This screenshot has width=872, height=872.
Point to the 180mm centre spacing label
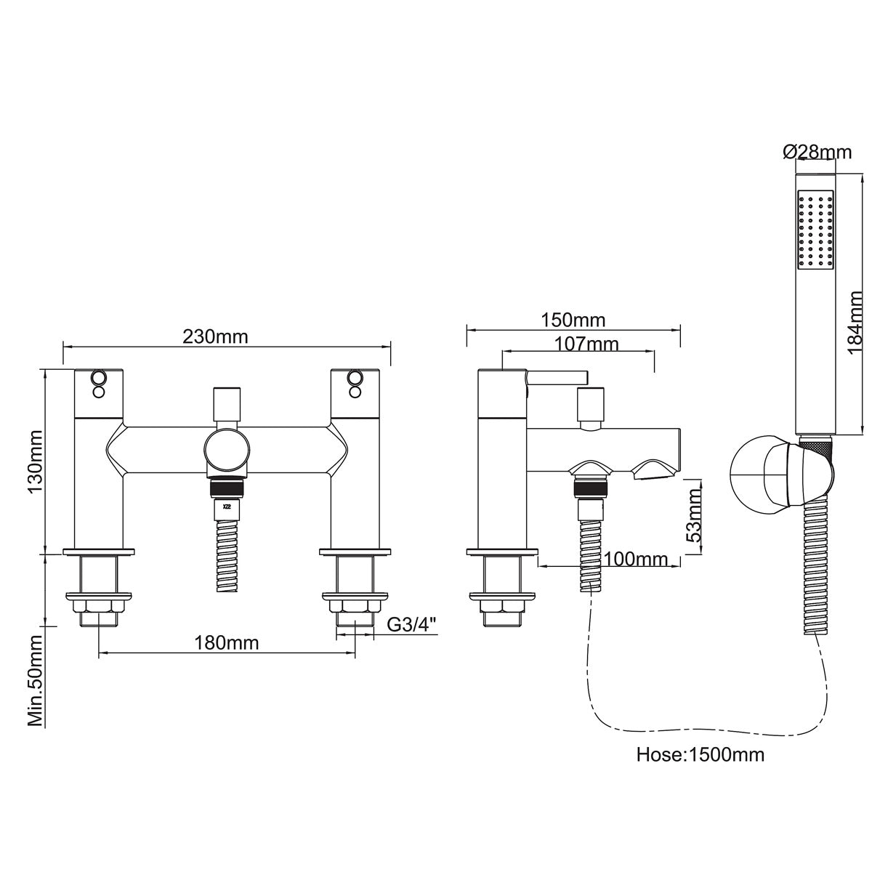coord(226,643)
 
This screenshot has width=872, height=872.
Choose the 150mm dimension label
coord(573,320)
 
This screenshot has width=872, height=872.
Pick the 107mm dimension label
coord(586,344)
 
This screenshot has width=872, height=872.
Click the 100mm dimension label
coord(635,559)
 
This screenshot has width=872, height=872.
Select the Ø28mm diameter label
coord(817,152)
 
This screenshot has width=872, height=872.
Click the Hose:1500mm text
coord(700,754)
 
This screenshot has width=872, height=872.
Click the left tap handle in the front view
coord(100,392)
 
